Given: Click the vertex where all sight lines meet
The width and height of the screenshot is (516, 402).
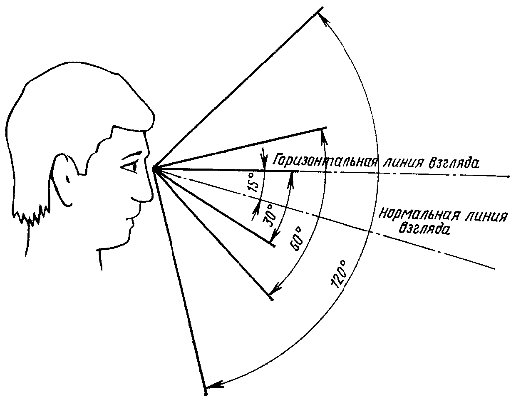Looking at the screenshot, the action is pyautogui.click(x=154, y=169).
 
